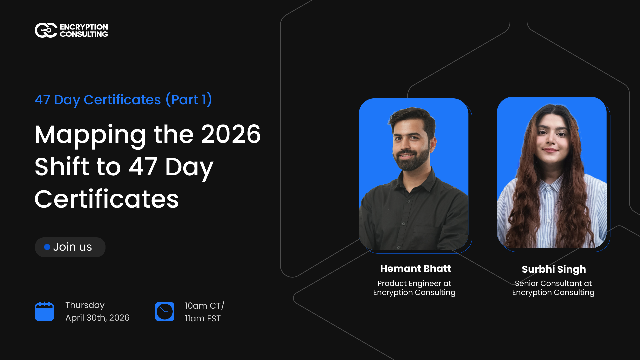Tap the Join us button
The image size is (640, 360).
pos(70,247)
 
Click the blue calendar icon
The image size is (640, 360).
pos(45,311)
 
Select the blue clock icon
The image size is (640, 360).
pos(164,311)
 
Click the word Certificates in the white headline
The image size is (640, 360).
pos(106,198)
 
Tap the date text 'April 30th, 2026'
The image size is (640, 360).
pos(98,318)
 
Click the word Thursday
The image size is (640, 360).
pos(85,305)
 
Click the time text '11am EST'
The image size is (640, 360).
pos(203,318)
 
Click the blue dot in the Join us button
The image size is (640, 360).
pos(46,247)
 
